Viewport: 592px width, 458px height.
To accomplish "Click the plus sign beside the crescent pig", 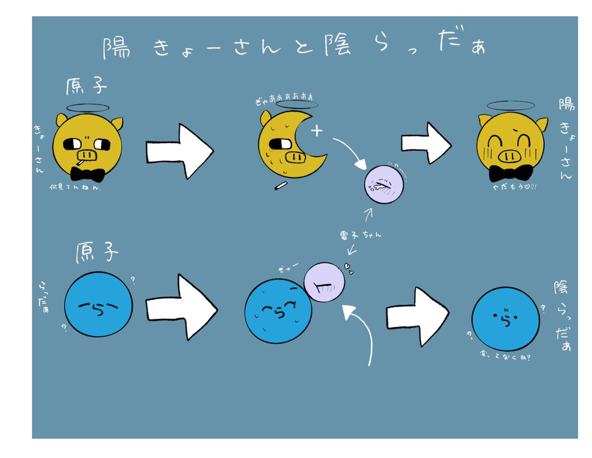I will click(316, 131).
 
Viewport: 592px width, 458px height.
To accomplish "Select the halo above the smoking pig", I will click(87, 107).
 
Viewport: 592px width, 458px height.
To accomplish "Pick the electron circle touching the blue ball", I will click(324, 282).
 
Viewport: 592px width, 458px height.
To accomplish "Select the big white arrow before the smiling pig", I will click(426, 143).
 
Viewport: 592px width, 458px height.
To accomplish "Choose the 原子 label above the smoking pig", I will click(86, 86).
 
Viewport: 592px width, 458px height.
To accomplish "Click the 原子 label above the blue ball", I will click(98, 253).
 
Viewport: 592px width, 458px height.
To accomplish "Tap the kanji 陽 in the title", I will click(117, 48).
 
